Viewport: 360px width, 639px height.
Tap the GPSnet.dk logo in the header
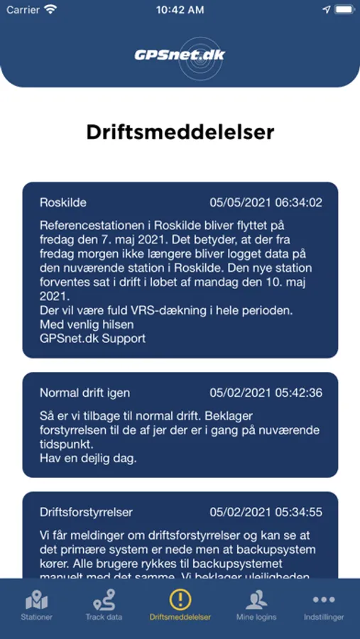[180, 54]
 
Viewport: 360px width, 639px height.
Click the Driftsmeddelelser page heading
[180, 132]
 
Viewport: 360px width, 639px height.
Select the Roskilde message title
[63, 202]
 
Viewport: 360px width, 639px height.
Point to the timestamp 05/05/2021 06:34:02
[266, 202]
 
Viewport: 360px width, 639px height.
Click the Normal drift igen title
[84, 393]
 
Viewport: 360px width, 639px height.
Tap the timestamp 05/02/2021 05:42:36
[266, 393]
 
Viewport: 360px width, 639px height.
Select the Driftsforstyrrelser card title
[86, 512]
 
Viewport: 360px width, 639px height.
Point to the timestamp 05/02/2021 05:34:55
[266, 512]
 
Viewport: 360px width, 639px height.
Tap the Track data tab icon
[104, 600]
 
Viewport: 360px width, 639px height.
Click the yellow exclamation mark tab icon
[180, 599]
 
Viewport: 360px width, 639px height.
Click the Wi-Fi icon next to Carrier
[50, 10]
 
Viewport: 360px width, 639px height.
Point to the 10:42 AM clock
[180, 10]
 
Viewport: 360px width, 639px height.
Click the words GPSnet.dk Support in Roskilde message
[92, 338]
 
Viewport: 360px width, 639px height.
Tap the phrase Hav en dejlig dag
[88, 458]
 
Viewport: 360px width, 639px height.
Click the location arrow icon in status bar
[327, 10]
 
